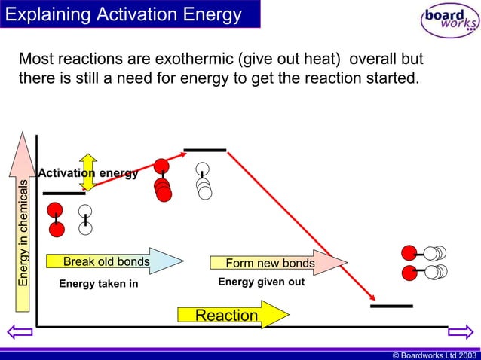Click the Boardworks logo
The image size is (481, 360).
click(449, 20)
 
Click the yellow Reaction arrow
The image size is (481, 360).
click(232, 315)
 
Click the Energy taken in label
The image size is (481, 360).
click(99, 284)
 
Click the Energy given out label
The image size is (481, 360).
click(261, 282)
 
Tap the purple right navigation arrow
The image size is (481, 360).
click(459, 332)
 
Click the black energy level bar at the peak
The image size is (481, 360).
click(205, 150)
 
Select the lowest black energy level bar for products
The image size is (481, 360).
click(391, 307)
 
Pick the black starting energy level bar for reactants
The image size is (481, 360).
click(64, 194)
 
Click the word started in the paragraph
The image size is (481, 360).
click(389, 78)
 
